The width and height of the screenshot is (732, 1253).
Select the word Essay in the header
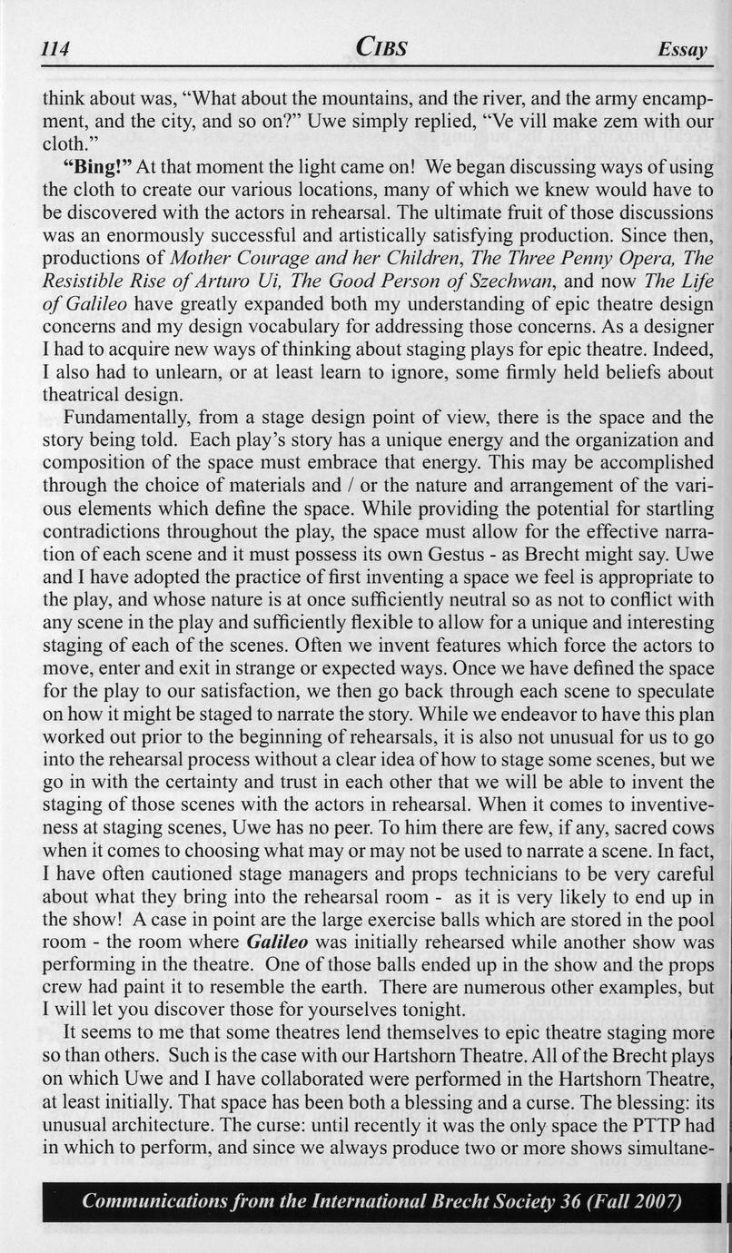pyautogui.click(x=682, y=51)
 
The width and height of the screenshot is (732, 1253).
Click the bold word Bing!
pyautogui.click(x=98, y=167)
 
